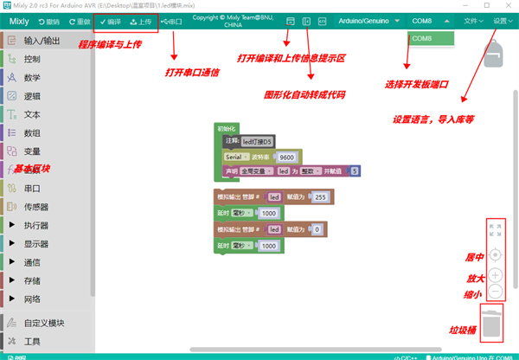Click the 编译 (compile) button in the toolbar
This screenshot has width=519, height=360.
pos(108,21)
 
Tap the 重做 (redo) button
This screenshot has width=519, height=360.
pos(77,21)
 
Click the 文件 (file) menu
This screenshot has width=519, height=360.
pos(473,19)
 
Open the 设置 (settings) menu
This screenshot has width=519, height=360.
pos(502,19)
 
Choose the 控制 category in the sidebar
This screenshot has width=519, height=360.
pos(34,59)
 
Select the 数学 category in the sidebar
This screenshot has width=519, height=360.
pos(34,78)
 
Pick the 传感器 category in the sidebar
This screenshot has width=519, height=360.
pos(40,207)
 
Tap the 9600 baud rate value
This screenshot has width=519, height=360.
pos(287,157)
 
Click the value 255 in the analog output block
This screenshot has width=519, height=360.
pos(319,196)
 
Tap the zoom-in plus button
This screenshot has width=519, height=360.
pos(495,275)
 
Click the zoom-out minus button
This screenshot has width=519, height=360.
pos(495,292)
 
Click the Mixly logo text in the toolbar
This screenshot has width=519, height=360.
pos(18,21)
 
